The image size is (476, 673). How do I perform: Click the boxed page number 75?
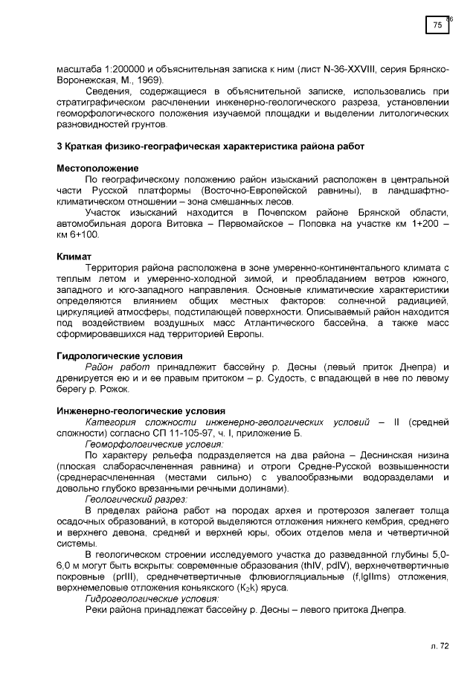pos(437,25)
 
